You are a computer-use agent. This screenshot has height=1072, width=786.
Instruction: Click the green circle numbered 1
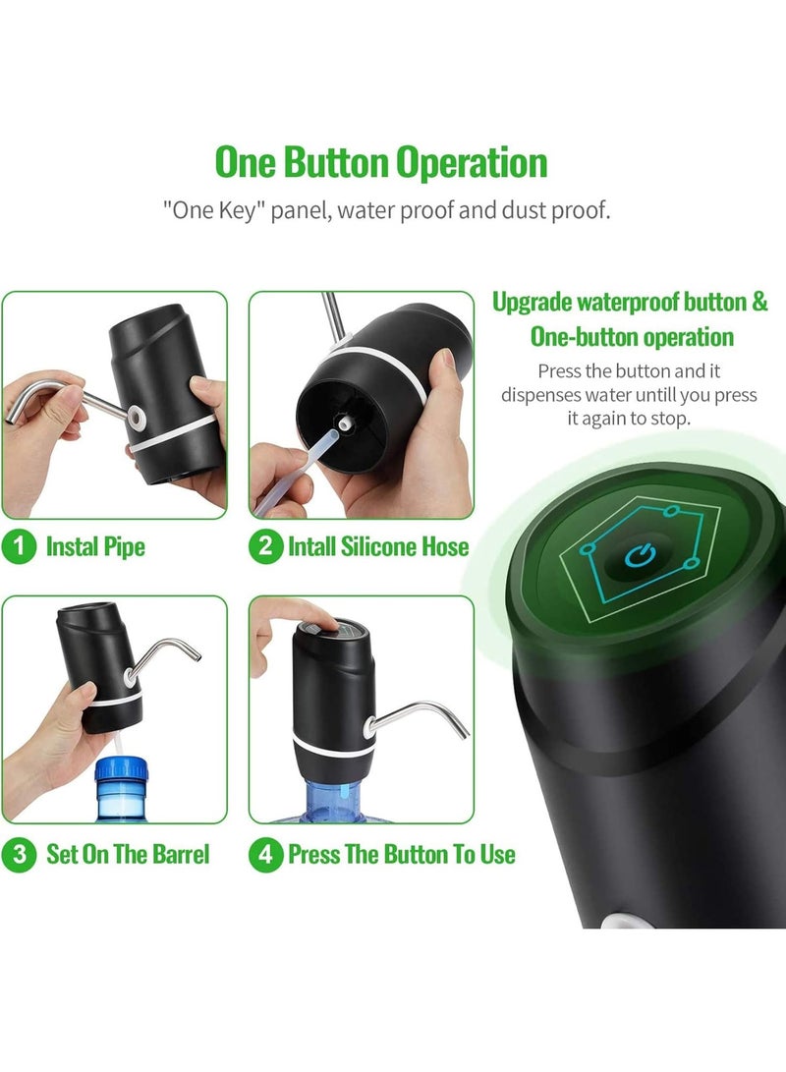[x=20, y=547]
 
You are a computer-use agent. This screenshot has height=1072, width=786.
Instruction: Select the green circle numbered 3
[x=20, y=854]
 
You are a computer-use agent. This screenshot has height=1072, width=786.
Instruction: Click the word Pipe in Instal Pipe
[x=124, y=547]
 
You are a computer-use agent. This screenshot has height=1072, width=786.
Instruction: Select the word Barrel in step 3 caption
[x=183, y=854]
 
